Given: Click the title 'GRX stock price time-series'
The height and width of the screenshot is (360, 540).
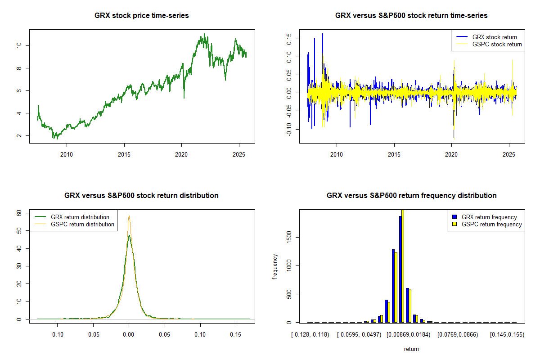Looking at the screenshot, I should coord(142,16).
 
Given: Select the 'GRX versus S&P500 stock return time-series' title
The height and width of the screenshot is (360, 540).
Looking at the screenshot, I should coord(411,16).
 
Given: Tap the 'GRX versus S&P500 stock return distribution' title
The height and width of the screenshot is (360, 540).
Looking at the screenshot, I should coord(142,196).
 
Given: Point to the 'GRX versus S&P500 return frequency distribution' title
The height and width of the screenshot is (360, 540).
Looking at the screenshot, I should coord(411,196).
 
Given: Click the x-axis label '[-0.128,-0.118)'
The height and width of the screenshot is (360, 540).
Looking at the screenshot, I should coord(310,335).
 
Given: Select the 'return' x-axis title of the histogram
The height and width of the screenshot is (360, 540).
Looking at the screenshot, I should coord(411,349).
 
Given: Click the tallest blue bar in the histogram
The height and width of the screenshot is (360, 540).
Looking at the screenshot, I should coord(400,270).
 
